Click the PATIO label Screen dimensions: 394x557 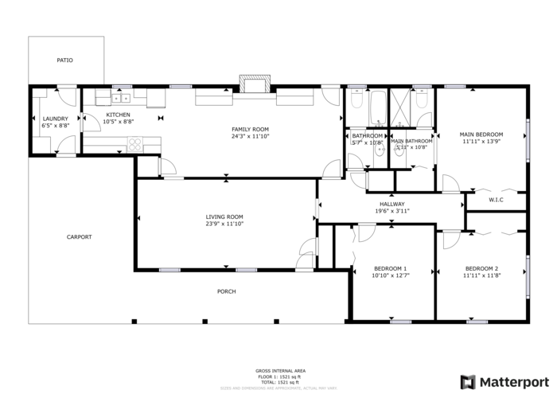pyautogui.click(x=64, y=60)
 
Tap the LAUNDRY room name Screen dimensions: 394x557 pyautogui.click(x=55, y=119)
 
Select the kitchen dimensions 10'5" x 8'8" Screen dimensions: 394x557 pyautogui.click(x=118, y=122)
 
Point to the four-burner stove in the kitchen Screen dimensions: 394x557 pyautogui.click(x=134, y=144)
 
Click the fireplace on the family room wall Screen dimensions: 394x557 pyautogui.click(x=255, y=84)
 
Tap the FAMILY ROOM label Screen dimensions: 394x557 pyautogui.click(x=250, y=129)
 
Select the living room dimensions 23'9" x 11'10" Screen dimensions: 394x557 pyautogui.click(x=224, y=224)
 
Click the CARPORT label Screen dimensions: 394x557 pyautogui.click(x=79, y=236)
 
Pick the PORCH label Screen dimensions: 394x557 pyautogui.click(x=227, y=291)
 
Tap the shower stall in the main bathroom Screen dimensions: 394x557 pyautogui.click(x=399, y=104)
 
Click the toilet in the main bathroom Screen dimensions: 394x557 pyautogui.click(x=422, y=100)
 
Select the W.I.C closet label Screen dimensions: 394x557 pyautogui.click(x=496, y=200)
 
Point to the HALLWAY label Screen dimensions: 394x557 pyautogui.click(x=391, y=204)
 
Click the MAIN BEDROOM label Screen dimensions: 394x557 pyautogui.click(x=480, y=135)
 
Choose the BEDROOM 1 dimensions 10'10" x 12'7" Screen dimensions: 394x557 pyautogui.click(x=390, y=275)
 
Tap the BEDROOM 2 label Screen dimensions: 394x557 pyautogui.click(x=481, y=268)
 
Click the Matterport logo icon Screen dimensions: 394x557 pyautogui.click(x=469, y=381)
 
